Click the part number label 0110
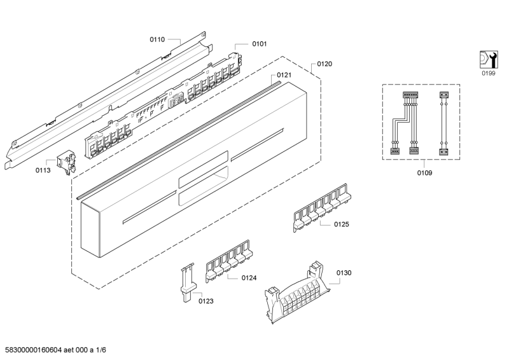click(157, 39)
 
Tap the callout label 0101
click(260, 44)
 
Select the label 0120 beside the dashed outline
click(324, 64)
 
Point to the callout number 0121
click(284, 75)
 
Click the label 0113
click(43, 170)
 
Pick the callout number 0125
click(342, 225)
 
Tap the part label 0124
click(249, 278)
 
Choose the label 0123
click(206, 301)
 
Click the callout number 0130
click(344, 273)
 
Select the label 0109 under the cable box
click(424, 173)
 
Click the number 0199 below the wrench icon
click(489, 73)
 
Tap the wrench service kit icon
click(489, 59)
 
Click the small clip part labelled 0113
click(67, 162)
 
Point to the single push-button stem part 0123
click(187, 282)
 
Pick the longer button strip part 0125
click(322, 207)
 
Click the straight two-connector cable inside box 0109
click(443, 123)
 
